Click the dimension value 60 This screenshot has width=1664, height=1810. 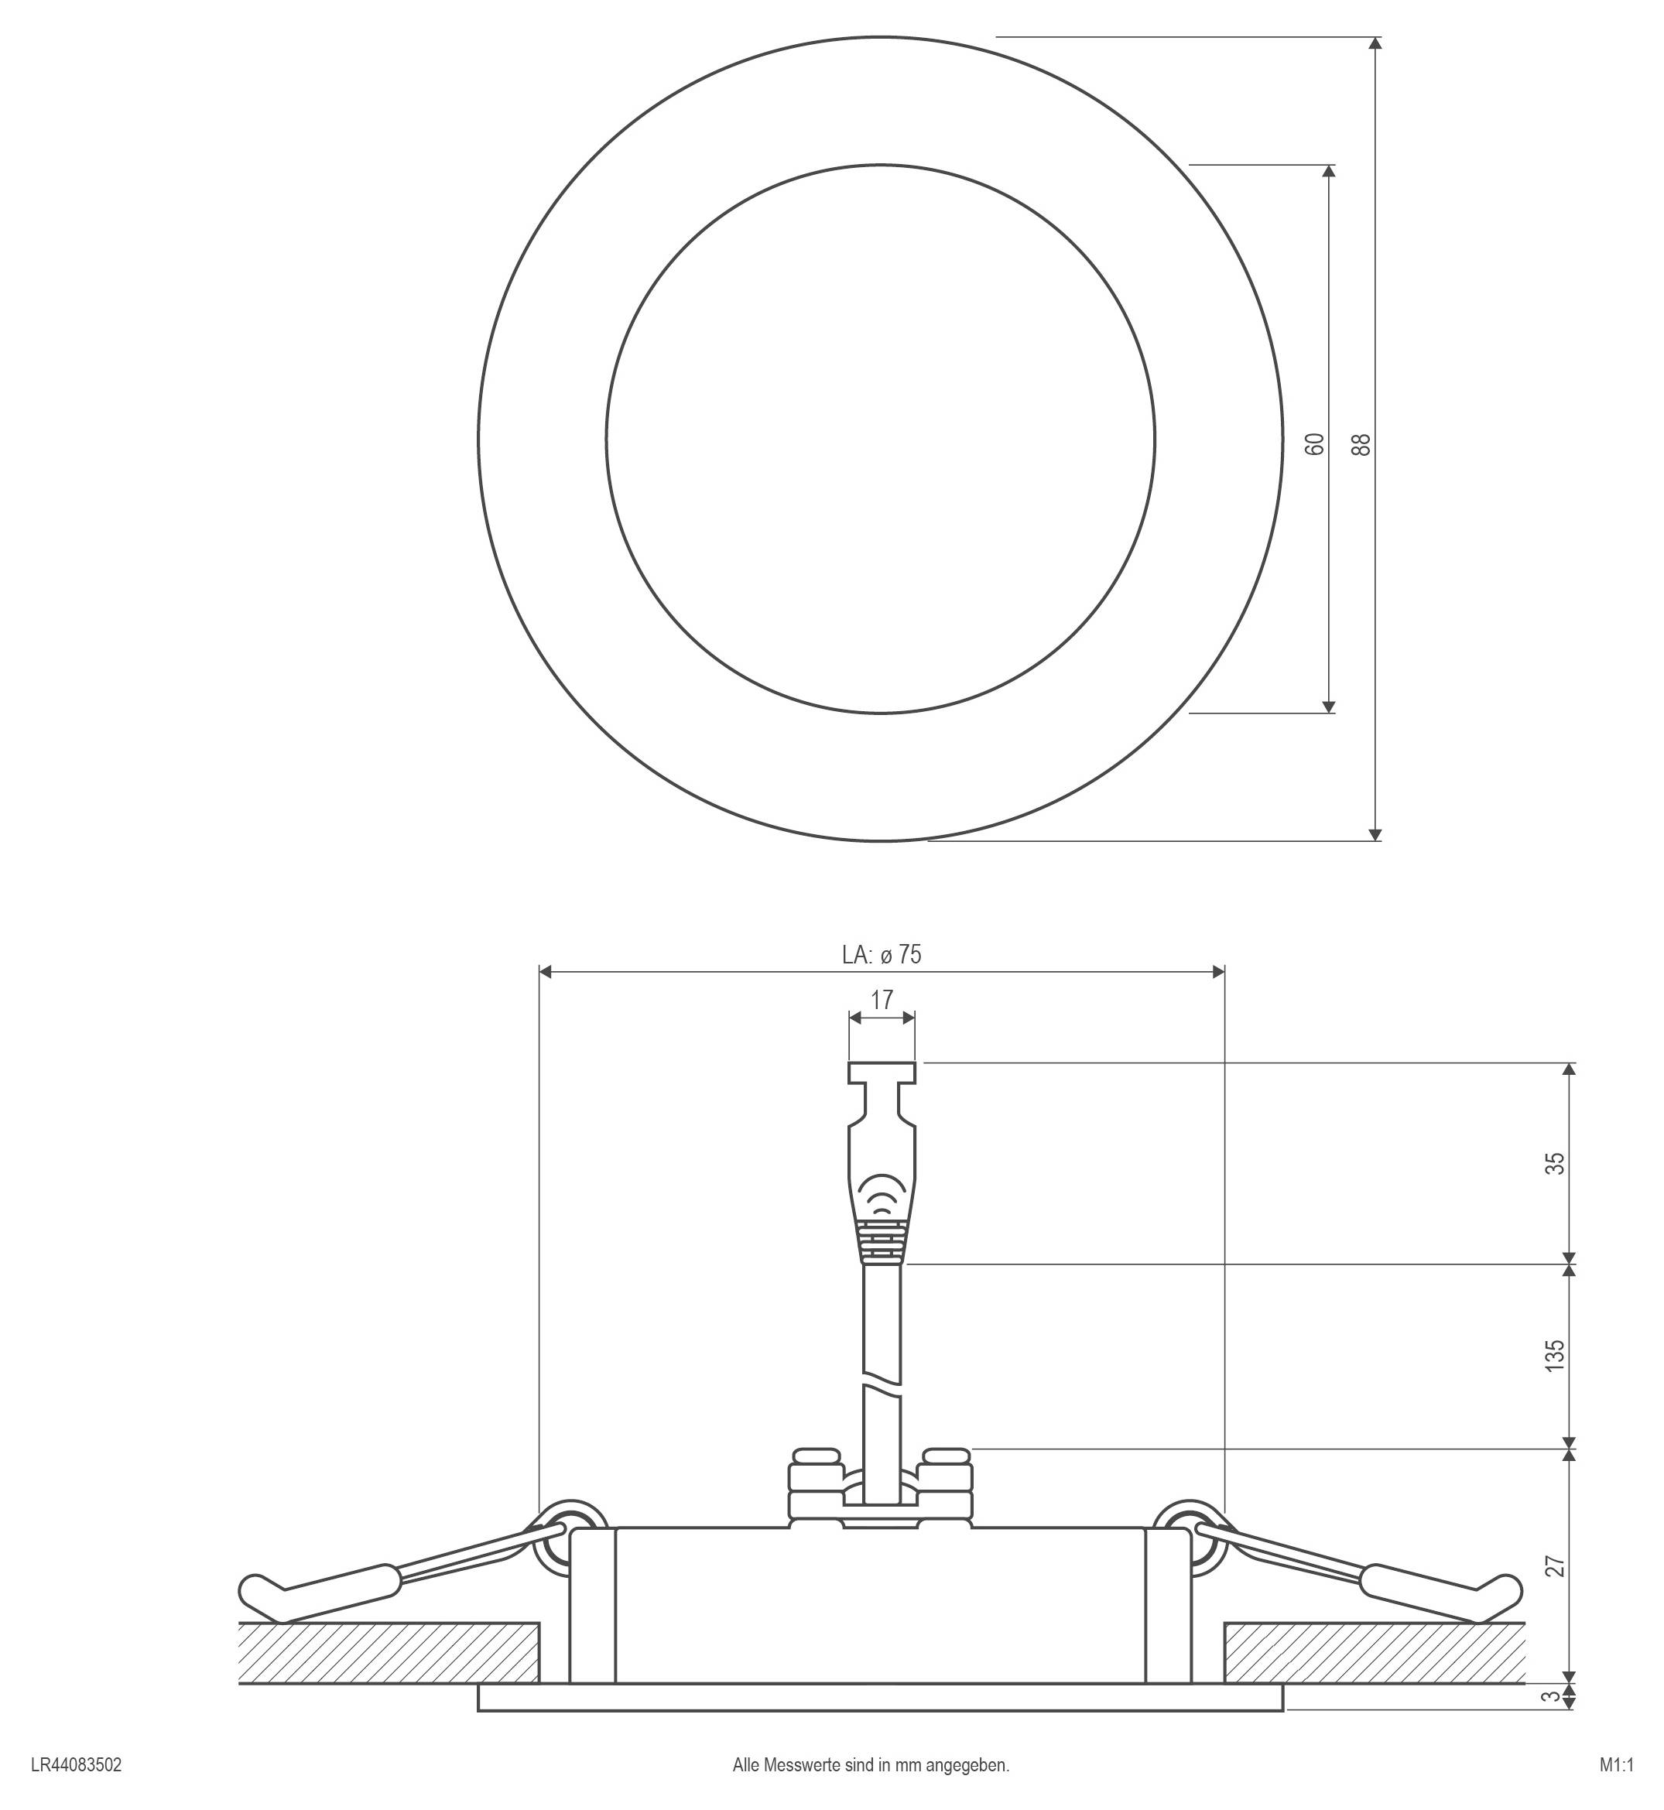[1316, 443]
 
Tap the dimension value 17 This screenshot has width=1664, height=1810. [882, 1000]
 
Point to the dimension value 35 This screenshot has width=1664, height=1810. [1555, 1162]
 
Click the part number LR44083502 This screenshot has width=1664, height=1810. [77, 1765]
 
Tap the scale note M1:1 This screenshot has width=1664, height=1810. [1616, 1765]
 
